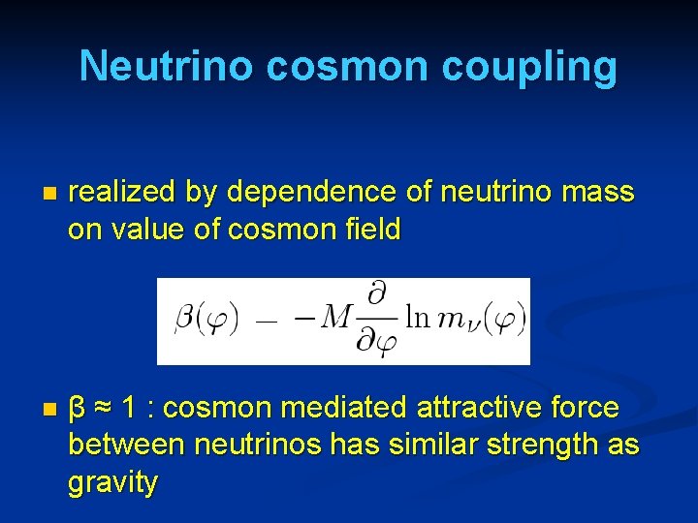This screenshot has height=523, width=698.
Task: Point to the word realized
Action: pos(122,193)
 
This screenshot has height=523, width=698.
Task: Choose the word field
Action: pos(365,230)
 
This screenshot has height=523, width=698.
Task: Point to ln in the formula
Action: pos(418,317)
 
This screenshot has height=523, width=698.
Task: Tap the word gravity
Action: pos(112,482)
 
